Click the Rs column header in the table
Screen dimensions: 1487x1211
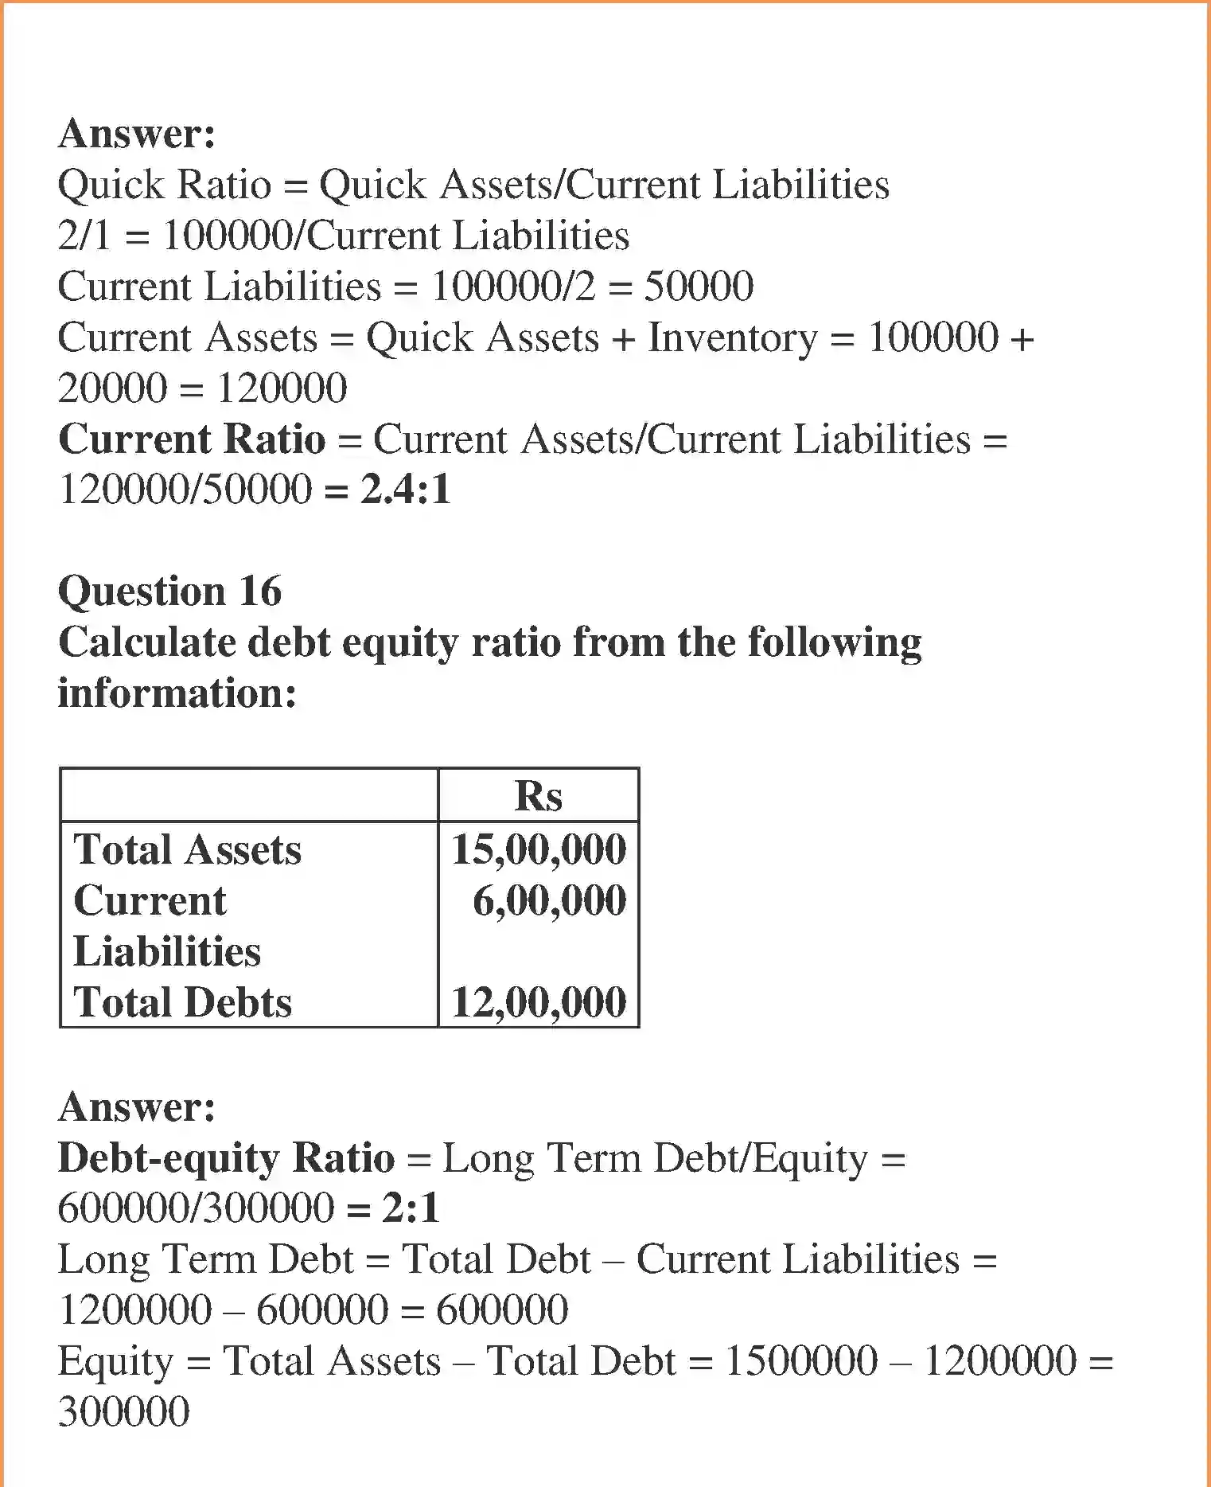pyautogui.click(x=538, y=795)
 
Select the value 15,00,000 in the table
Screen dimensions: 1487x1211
pyautogui.click(x=539, y=849)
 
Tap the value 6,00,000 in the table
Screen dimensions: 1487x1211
pyautogui.click(x=549, y=900)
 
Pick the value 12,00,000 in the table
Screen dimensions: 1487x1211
pyautogui.click(x=539, y=1001)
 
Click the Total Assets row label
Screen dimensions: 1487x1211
pyautogui.click(x=188, y=849)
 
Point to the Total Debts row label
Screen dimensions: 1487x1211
pyautogui.click(x=183, y=1002)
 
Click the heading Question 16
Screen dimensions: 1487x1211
pyautogui.click(x=169, y=591)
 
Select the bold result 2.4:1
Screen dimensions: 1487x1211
pyautogui.click(x=406, y=489)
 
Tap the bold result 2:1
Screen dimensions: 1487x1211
pyautogui.click(x=411, y=1208)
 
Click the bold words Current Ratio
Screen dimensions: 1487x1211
pyautogui.click(x=192, y=439)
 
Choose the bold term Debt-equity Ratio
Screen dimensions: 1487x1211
pyautogui.click(x=227, y=1157)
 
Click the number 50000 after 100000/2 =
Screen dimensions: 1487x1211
pyautogui.click(x=698, y=287)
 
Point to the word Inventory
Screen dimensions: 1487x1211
pyautogui.click(x=733, y=338)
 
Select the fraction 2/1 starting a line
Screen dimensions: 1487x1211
pyautogui.click(x=84, y=236)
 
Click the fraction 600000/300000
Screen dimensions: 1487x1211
pyautogui.click(x=196, y=1208)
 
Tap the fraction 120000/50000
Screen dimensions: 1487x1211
pyautogui.click(x=185, y=489)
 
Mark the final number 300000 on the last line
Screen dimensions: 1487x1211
pyautogui.click(x=124, y=1412)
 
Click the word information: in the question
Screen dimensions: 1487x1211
pyautogui.click(x=177, y=693)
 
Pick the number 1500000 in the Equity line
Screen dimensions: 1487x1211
pyautogui.click(x=801, y=1361)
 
